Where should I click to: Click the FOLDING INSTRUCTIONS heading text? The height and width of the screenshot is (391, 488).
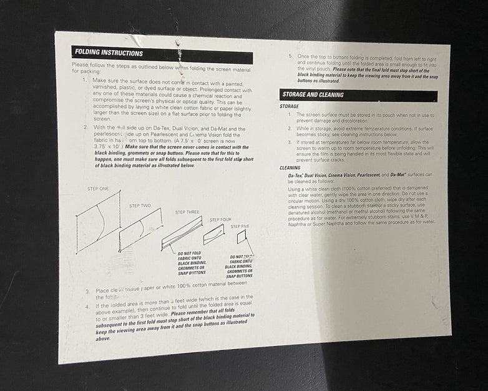(109, 53)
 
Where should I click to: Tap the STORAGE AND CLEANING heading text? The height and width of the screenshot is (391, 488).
(313, 95)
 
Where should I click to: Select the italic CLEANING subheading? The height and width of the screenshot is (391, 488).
(290, 167)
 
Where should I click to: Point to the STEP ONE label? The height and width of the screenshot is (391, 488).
(98, 189)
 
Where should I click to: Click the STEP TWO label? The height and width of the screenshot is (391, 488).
(140, 205)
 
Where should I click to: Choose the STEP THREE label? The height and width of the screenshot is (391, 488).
(187, 212)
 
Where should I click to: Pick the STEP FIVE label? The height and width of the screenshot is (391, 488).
(240, 226)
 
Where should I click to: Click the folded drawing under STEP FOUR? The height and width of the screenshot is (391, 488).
(214, 234)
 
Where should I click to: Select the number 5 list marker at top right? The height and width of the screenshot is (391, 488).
(290, 57)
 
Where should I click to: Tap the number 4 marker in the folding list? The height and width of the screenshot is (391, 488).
(88, 305)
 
